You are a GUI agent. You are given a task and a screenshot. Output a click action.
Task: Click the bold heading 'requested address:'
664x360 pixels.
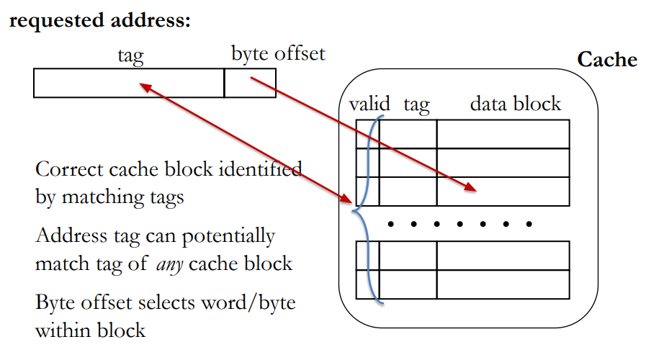[99, 21]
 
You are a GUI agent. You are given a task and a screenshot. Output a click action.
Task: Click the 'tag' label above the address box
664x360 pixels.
[130, 54]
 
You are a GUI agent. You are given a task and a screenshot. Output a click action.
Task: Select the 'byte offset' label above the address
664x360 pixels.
[278, 53]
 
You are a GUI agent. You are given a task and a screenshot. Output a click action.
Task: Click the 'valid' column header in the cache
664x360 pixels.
[369, 104]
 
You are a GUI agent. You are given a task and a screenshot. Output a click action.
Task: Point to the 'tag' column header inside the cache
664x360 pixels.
[416, 105]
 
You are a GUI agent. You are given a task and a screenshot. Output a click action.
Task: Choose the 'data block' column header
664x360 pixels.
[515, 104]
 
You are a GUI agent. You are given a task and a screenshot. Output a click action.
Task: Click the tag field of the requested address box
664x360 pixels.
[129, 83]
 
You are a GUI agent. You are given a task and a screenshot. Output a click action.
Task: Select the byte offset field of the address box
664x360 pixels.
[250, 83]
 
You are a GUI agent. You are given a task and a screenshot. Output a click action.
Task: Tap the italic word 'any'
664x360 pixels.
[170, 264]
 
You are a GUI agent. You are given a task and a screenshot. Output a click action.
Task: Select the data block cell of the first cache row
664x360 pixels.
[503, 134]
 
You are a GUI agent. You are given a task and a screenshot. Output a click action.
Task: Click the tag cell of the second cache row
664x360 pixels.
[408, 163]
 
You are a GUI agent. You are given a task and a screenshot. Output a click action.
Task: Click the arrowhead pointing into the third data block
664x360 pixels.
[470, 188]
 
